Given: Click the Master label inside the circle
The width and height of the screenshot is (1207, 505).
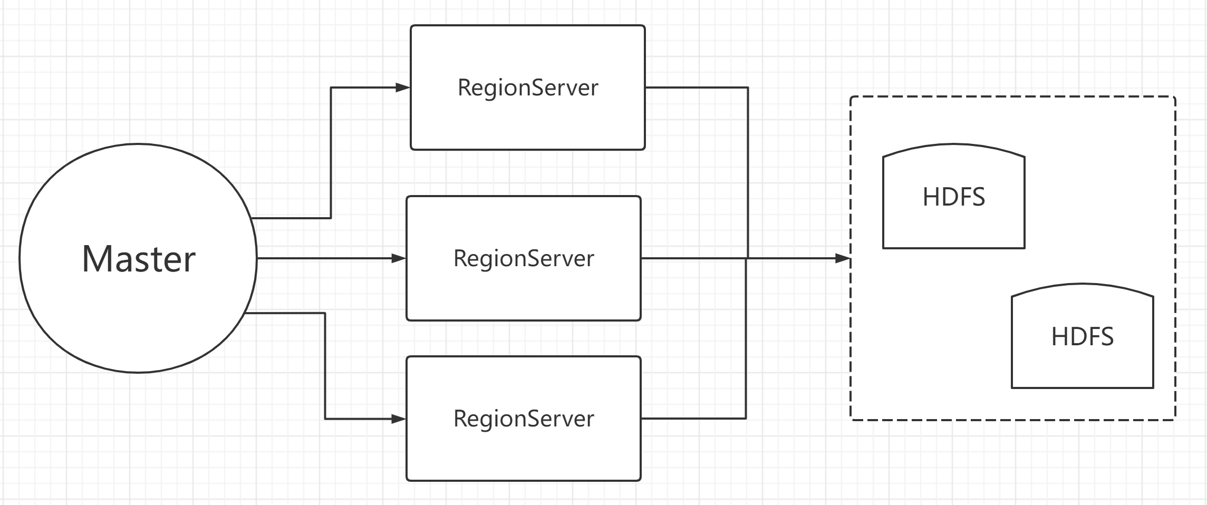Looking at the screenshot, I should [x=139, y=259].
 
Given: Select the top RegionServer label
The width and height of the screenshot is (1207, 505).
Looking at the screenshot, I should [x=528, y=88].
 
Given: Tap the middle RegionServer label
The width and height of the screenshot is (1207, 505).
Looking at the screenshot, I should [x=524, y=258].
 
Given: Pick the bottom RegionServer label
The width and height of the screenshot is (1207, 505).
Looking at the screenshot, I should [x=524, y=419].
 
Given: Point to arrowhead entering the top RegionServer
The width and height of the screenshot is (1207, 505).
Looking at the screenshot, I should [x=404, y=88].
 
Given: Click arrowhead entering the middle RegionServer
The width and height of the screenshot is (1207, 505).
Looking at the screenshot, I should [x=400, y=258].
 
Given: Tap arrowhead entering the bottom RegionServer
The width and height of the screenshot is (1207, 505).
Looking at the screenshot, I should [x=400, y=419].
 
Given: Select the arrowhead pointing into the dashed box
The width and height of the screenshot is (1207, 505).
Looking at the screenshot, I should [x=844, y=258].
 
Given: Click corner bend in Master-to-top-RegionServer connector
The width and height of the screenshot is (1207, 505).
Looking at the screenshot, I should [x=331, y=88].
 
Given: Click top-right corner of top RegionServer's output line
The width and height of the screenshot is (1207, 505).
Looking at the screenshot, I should [x=748, y=88].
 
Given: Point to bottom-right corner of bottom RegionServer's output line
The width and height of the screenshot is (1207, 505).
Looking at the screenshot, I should [x=746, y=418].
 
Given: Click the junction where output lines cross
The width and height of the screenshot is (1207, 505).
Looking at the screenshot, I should [x=747, y=258].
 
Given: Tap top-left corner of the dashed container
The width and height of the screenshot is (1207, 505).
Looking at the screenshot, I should [x=851, y=98].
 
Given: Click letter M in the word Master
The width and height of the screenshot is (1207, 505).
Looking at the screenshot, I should [x=96, y=259].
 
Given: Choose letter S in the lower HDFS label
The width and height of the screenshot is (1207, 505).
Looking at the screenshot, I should [x=1106, y=336].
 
